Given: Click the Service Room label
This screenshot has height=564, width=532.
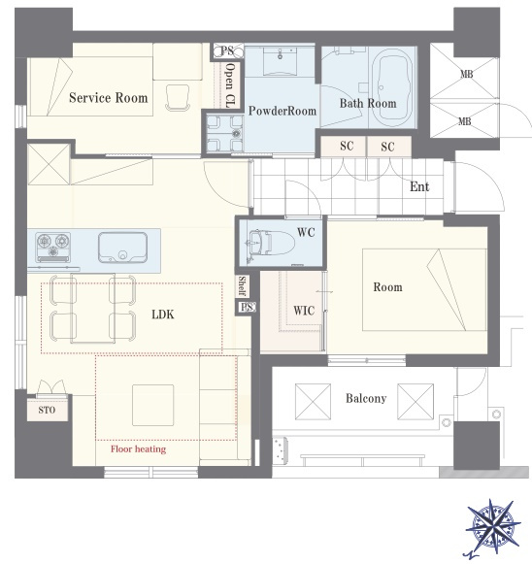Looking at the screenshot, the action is (x=109, y=98).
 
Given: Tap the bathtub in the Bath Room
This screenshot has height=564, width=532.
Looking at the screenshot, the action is (x=392, y=87).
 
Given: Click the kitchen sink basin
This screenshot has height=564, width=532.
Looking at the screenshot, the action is (x=122, y=248).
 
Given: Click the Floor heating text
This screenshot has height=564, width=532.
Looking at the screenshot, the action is (x=138, y=448).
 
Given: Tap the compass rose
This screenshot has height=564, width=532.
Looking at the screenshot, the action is (x=493, y=526).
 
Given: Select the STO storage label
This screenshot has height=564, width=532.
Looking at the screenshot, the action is (x=47, y=410).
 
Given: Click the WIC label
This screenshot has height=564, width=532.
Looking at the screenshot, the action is (x=304, y=311).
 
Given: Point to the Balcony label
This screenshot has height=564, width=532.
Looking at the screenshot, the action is (x=366, y=398).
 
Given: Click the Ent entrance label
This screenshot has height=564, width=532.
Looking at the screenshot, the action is (x=419, y=186).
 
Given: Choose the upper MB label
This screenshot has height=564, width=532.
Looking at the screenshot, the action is (x=467, y=74).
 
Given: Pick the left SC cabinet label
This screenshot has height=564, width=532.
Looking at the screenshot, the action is (x=347, y=146).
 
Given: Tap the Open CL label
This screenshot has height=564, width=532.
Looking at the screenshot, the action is (x=229, y=85).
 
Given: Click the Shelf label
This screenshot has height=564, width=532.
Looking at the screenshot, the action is (x=242, y=286).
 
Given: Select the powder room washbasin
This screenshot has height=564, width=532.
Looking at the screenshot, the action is (x=280, y=61).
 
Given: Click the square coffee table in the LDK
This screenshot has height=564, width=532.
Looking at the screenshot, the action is (x=152, y=406).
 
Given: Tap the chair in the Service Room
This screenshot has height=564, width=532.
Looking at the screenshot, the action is (x=178, y=98).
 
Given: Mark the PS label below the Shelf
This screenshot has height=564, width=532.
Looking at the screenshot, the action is (x=248, y=307).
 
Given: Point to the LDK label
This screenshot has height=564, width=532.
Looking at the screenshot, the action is (x=163, y=315).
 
